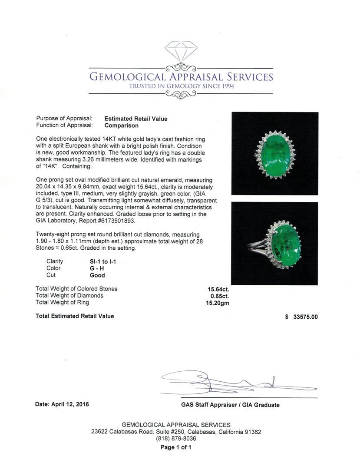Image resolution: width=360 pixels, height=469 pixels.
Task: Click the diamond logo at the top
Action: [181, 51]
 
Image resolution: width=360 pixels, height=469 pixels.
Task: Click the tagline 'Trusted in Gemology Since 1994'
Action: [181, 86]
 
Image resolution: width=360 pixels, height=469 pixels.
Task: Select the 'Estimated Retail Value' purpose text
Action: [136, 119]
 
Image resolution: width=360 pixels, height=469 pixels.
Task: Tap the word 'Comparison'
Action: [122, 126]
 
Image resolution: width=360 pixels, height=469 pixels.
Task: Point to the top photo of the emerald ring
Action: [274, 153]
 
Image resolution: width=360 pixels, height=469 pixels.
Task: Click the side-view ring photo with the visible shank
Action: [274, 244]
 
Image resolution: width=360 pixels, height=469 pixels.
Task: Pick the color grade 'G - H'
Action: [97, 268]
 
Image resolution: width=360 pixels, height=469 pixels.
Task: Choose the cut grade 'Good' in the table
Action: [97, 275]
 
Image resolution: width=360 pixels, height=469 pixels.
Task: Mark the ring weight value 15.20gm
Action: [218, 303]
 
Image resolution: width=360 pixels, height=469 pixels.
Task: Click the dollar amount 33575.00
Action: [305, 317]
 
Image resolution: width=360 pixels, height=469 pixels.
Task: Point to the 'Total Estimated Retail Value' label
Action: [75, 316]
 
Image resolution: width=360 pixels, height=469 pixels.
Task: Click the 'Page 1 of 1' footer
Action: [176, 447]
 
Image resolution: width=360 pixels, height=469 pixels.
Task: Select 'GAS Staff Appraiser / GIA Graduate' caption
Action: [230, 405]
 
